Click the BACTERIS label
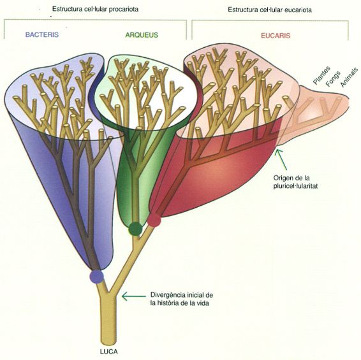coord(42,35)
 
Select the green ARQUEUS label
coord(142,35)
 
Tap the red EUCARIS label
coord(276,36)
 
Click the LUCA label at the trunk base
coord(109,352)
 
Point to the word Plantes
coord(321,75)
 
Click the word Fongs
coord(333,79)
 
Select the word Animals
coord(350,77)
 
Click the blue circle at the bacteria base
coord(97,277)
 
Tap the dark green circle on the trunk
coord(135,229)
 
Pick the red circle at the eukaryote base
coord(154,220)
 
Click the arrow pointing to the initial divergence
coord(133,296)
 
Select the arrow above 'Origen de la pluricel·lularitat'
coord(281,159)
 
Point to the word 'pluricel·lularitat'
coord(295,186)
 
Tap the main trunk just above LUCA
coord(108,331)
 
